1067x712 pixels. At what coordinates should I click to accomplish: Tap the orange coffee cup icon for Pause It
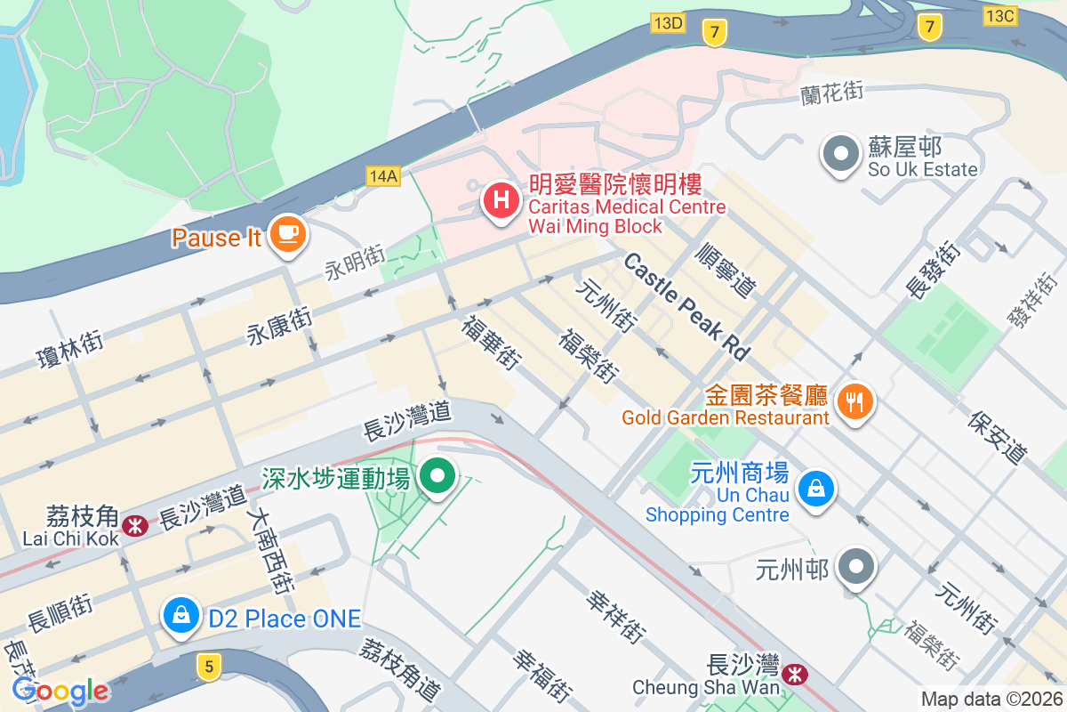tap(288, 233)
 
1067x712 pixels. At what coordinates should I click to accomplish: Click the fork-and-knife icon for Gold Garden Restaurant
tap(854, 401)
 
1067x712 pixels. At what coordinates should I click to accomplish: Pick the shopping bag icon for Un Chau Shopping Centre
tap(814, 489)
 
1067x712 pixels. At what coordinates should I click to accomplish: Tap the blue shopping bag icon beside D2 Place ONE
tap(181, 615)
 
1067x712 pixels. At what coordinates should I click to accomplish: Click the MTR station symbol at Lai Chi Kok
tap(136, 526)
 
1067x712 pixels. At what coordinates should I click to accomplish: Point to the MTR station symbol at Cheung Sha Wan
tap(797, 675)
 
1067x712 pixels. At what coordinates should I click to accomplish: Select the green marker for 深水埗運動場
tap(437, 476)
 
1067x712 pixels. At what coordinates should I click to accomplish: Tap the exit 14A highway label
tap(382, 176)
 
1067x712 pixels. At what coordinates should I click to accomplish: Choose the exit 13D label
tap(667, 23)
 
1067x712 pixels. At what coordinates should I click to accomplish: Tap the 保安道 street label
tap(999, 436)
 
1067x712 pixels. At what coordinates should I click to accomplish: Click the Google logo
tap(60, 691)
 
